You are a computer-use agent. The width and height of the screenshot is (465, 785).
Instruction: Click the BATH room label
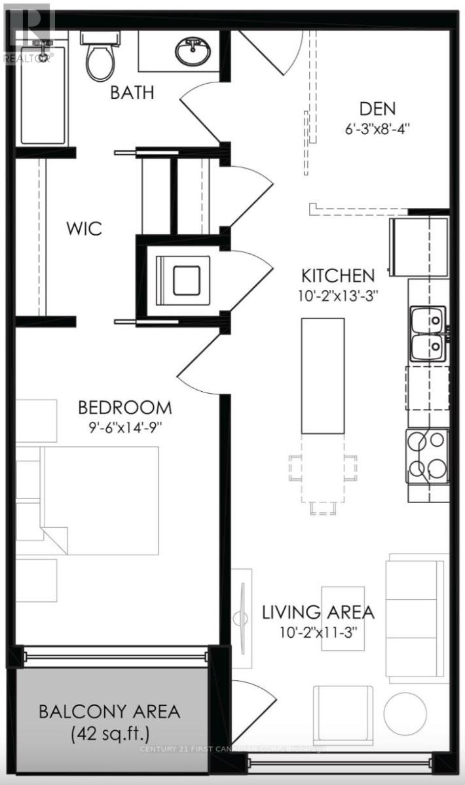click(132, 92)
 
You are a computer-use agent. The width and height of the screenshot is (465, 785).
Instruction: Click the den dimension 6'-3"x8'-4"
click(377, 129)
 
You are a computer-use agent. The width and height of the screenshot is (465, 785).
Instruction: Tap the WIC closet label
click(83, 230)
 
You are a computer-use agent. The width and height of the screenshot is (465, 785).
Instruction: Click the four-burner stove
click(428, 455)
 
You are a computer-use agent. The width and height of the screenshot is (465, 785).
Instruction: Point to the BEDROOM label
click(125, 408)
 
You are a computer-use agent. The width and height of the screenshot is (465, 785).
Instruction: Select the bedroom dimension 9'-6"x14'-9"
click(124, 428)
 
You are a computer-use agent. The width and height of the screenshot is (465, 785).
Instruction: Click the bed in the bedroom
click(98, 500)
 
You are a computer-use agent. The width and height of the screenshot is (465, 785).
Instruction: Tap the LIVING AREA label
click(318, 613)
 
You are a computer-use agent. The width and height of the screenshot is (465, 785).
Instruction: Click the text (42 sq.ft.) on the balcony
click(109, 733)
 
